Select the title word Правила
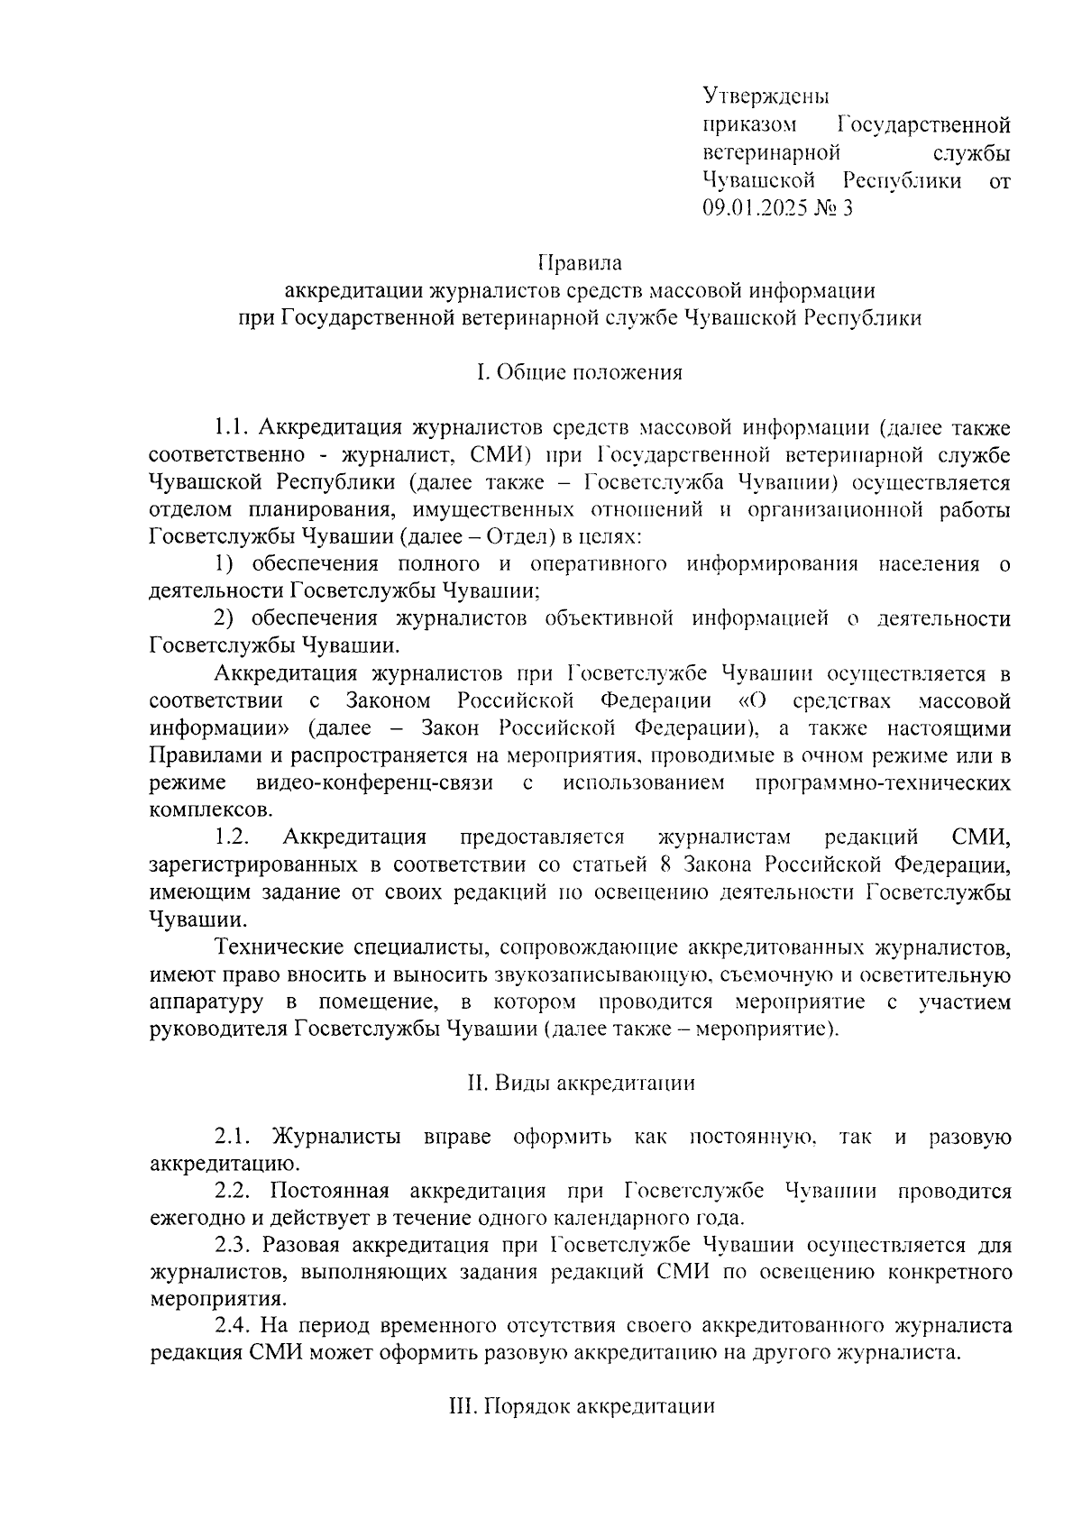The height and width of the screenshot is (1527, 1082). click(580, 263)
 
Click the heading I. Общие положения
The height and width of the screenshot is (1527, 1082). click(580, 372)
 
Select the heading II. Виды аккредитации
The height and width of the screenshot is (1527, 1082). click(581, 1083)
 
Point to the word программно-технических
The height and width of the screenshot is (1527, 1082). click(883, 782)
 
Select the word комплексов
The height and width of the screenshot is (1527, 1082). click(209, 809)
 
